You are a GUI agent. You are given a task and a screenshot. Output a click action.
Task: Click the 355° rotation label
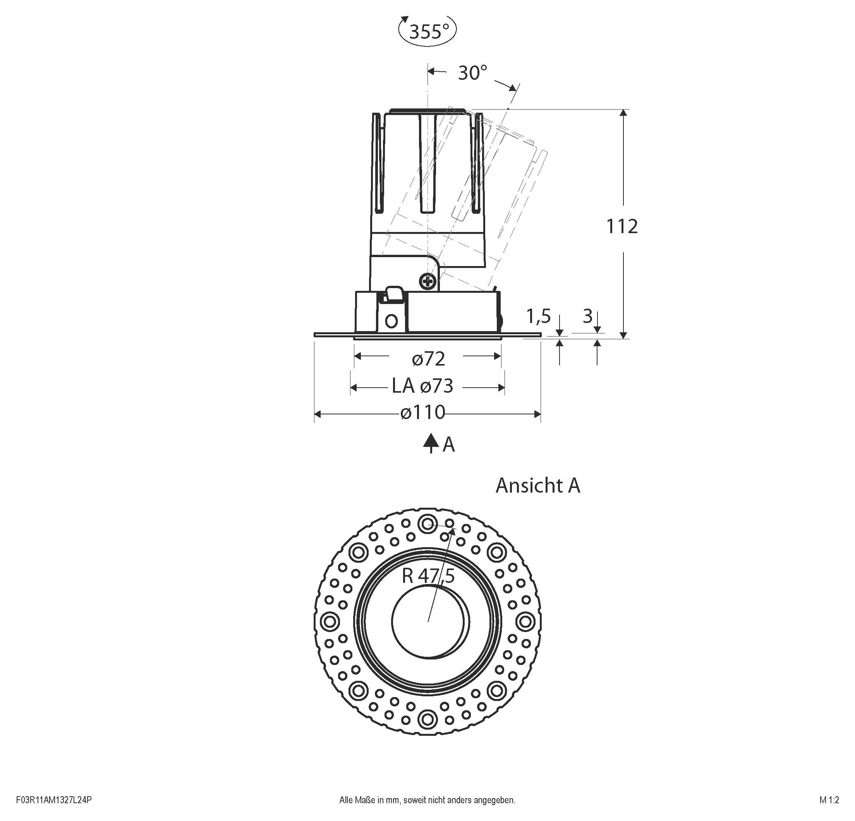(429, 31)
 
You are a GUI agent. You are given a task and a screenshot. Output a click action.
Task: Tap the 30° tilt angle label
(472, 72)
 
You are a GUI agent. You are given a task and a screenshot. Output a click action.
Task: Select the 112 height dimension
(622, 226)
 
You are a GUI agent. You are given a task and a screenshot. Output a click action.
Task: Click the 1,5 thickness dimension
(539, 316)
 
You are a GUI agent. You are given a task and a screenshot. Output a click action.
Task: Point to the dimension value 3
(587, 316)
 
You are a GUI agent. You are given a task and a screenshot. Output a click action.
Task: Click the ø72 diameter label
(428, 359)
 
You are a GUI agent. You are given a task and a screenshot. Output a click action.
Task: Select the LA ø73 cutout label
(422, 386)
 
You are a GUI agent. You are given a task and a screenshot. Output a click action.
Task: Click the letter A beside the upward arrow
(449, 445)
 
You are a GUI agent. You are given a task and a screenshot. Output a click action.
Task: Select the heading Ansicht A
(537, 486)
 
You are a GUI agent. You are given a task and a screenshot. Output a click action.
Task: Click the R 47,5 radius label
(428, 576)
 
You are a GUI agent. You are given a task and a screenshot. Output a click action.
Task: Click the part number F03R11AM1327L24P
(54, 800)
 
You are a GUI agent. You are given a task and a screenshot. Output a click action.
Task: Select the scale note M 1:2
(829, 800)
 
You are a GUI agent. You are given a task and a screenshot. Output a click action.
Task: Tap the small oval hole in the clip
(392, 321)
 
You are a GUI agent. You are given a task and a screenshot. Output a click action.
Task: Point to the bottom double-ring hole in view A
(427, 718)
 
